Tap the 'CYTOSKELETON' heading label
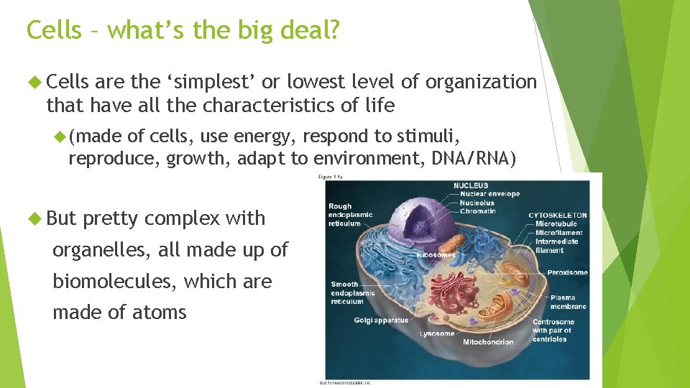click(x=557, y=215)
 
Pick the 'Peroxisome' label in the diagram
click(x=567, y=273)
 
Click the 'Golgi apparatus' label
click(x=380, y=320)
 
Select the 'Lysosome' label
click(x=437, y=334)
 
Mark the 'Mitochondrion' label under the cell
click(x=488, y=342)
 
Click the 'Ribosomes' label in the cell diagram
click(x=436, y=255)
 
